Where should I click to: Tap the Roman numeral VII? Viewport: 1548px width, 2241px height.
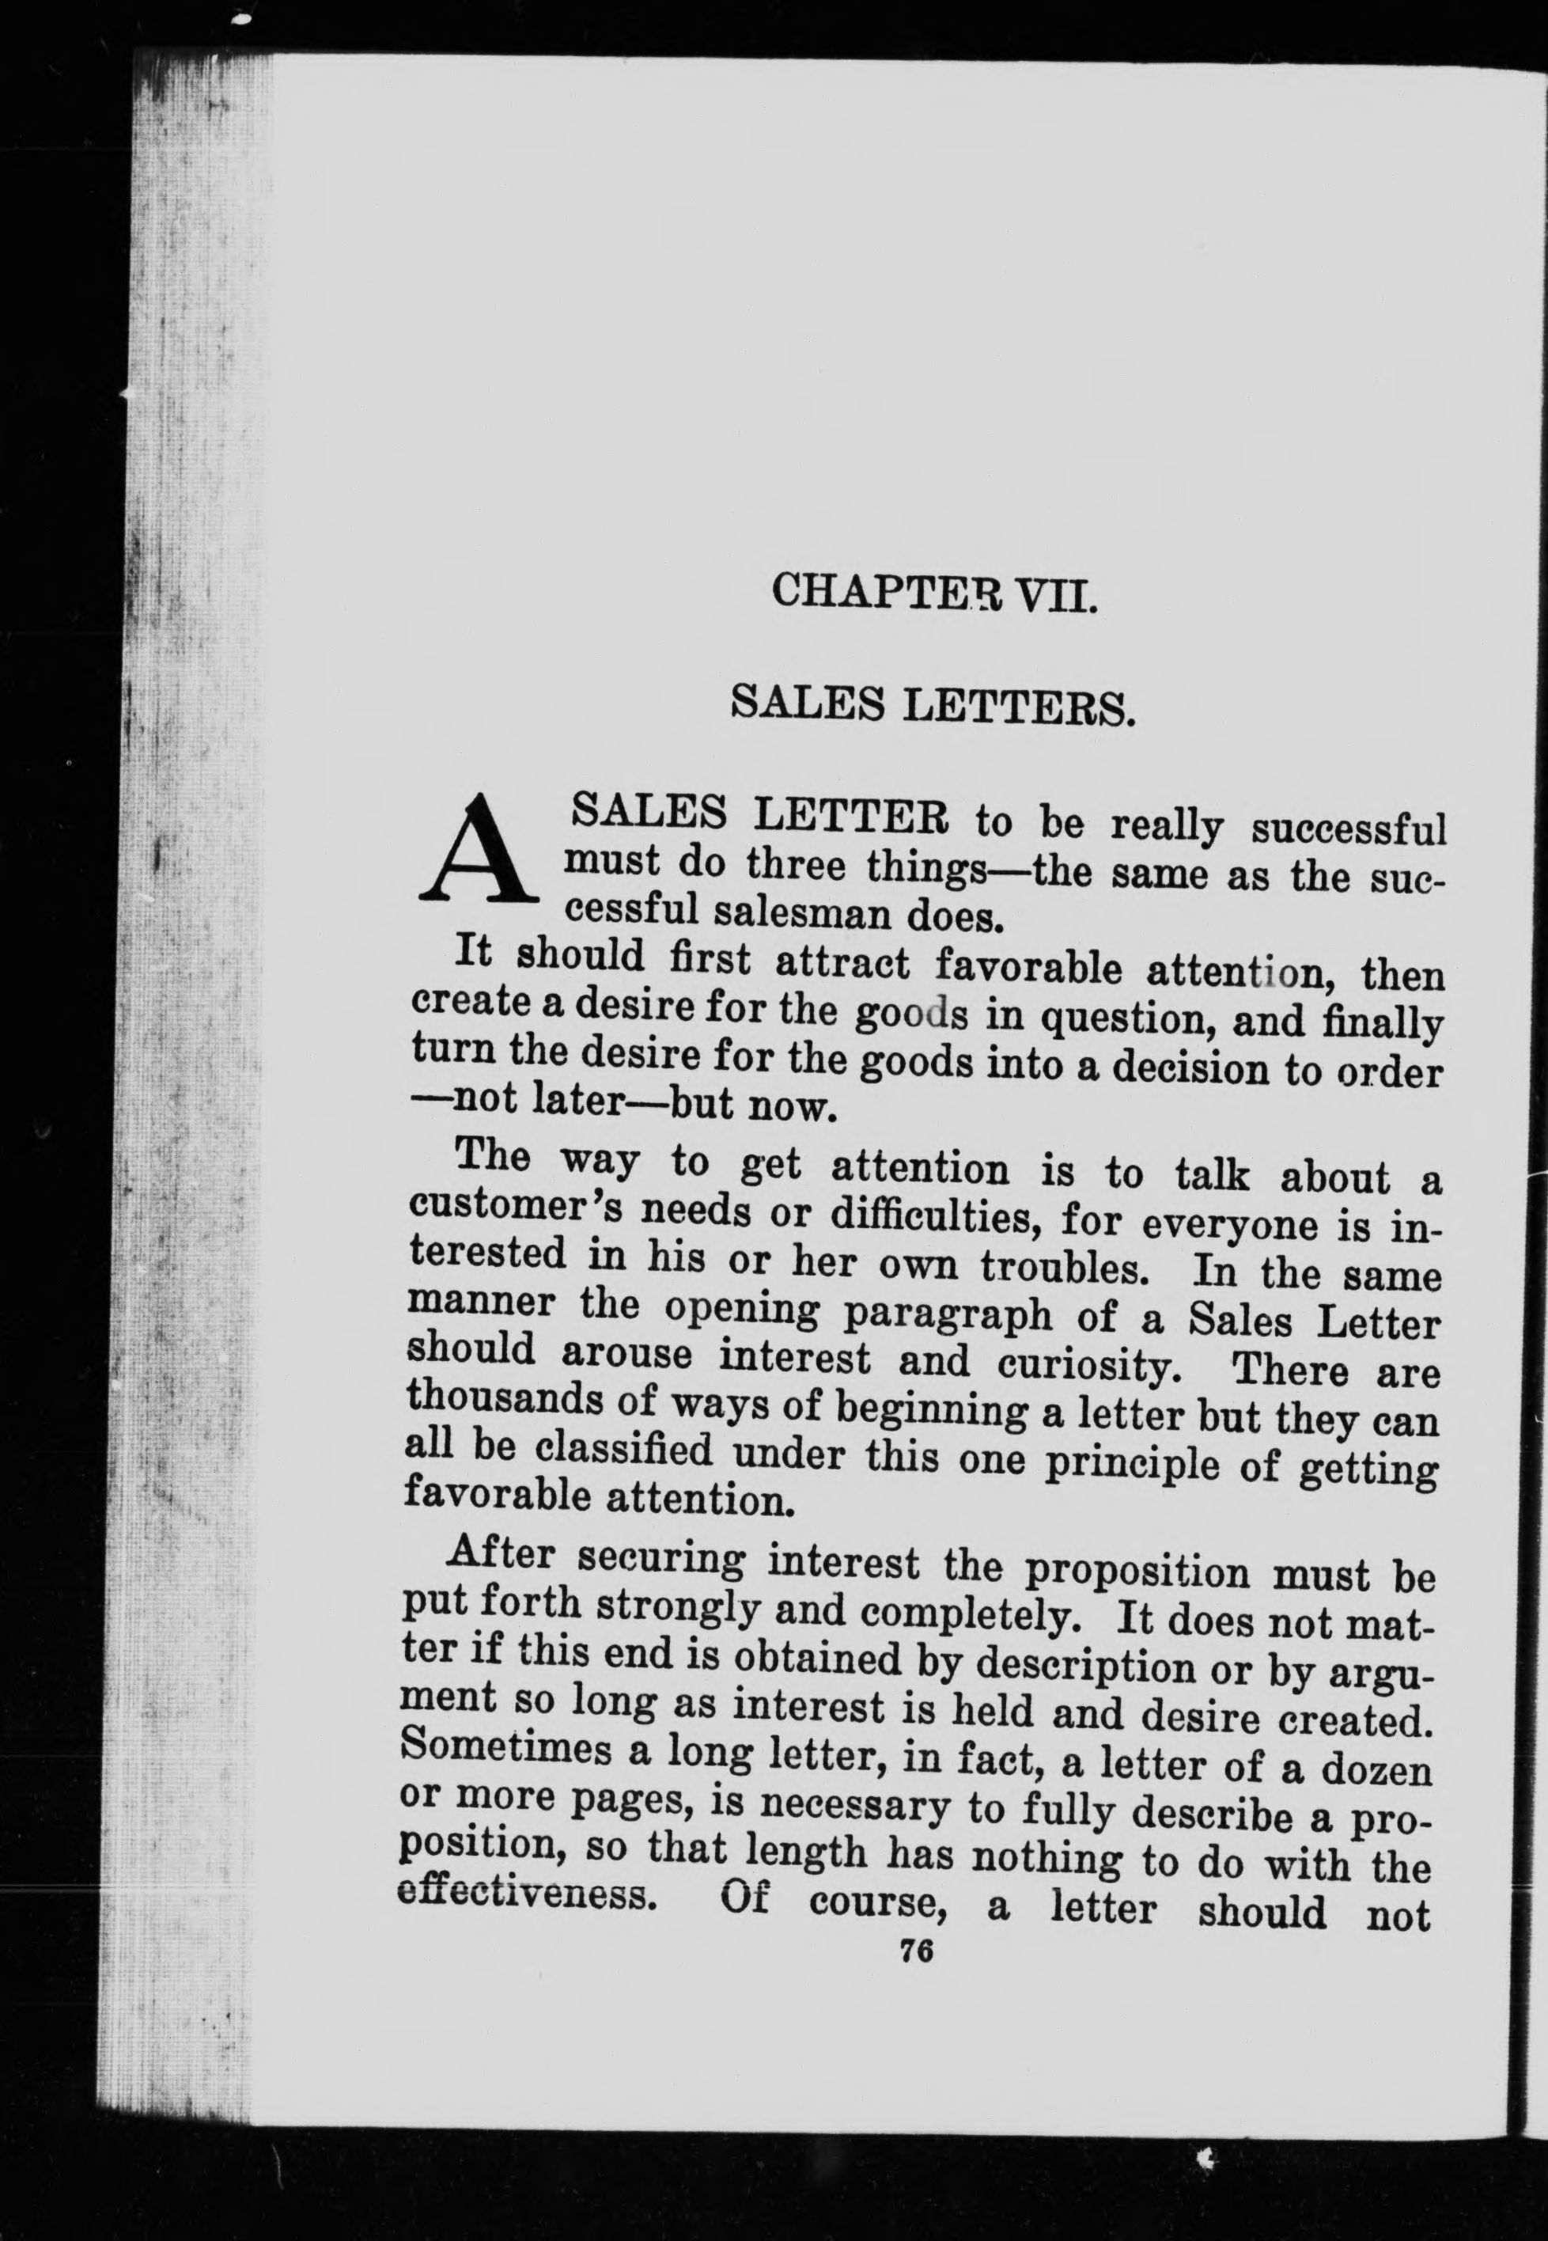click(1054, 593)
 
